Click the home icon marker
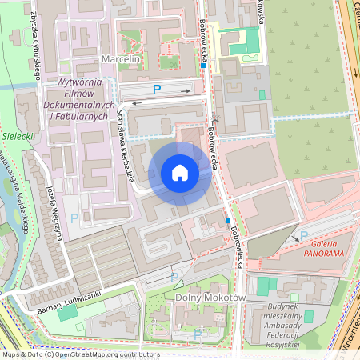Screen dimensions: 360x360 coord(180,173)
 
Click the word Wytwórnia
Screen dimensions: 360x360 coord(77,82)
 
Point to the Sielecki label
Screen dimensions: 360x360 coord(16,136)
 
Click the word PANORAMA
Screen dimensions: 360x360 coord(323,254)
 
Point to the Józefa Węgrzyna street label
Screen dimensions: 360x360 coord(55,210)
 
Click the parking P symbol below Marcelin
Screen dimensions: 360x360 coord(157,89)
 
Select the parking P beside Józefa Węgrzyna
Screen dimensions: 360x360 coord(74,218)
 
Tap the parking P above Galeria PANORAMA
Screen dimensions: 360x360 coord(303,235)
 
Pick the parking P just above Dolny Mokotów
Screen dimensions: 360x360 coord(174,277)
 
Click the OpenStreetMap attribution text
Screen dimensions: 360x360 coord(80,354)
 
